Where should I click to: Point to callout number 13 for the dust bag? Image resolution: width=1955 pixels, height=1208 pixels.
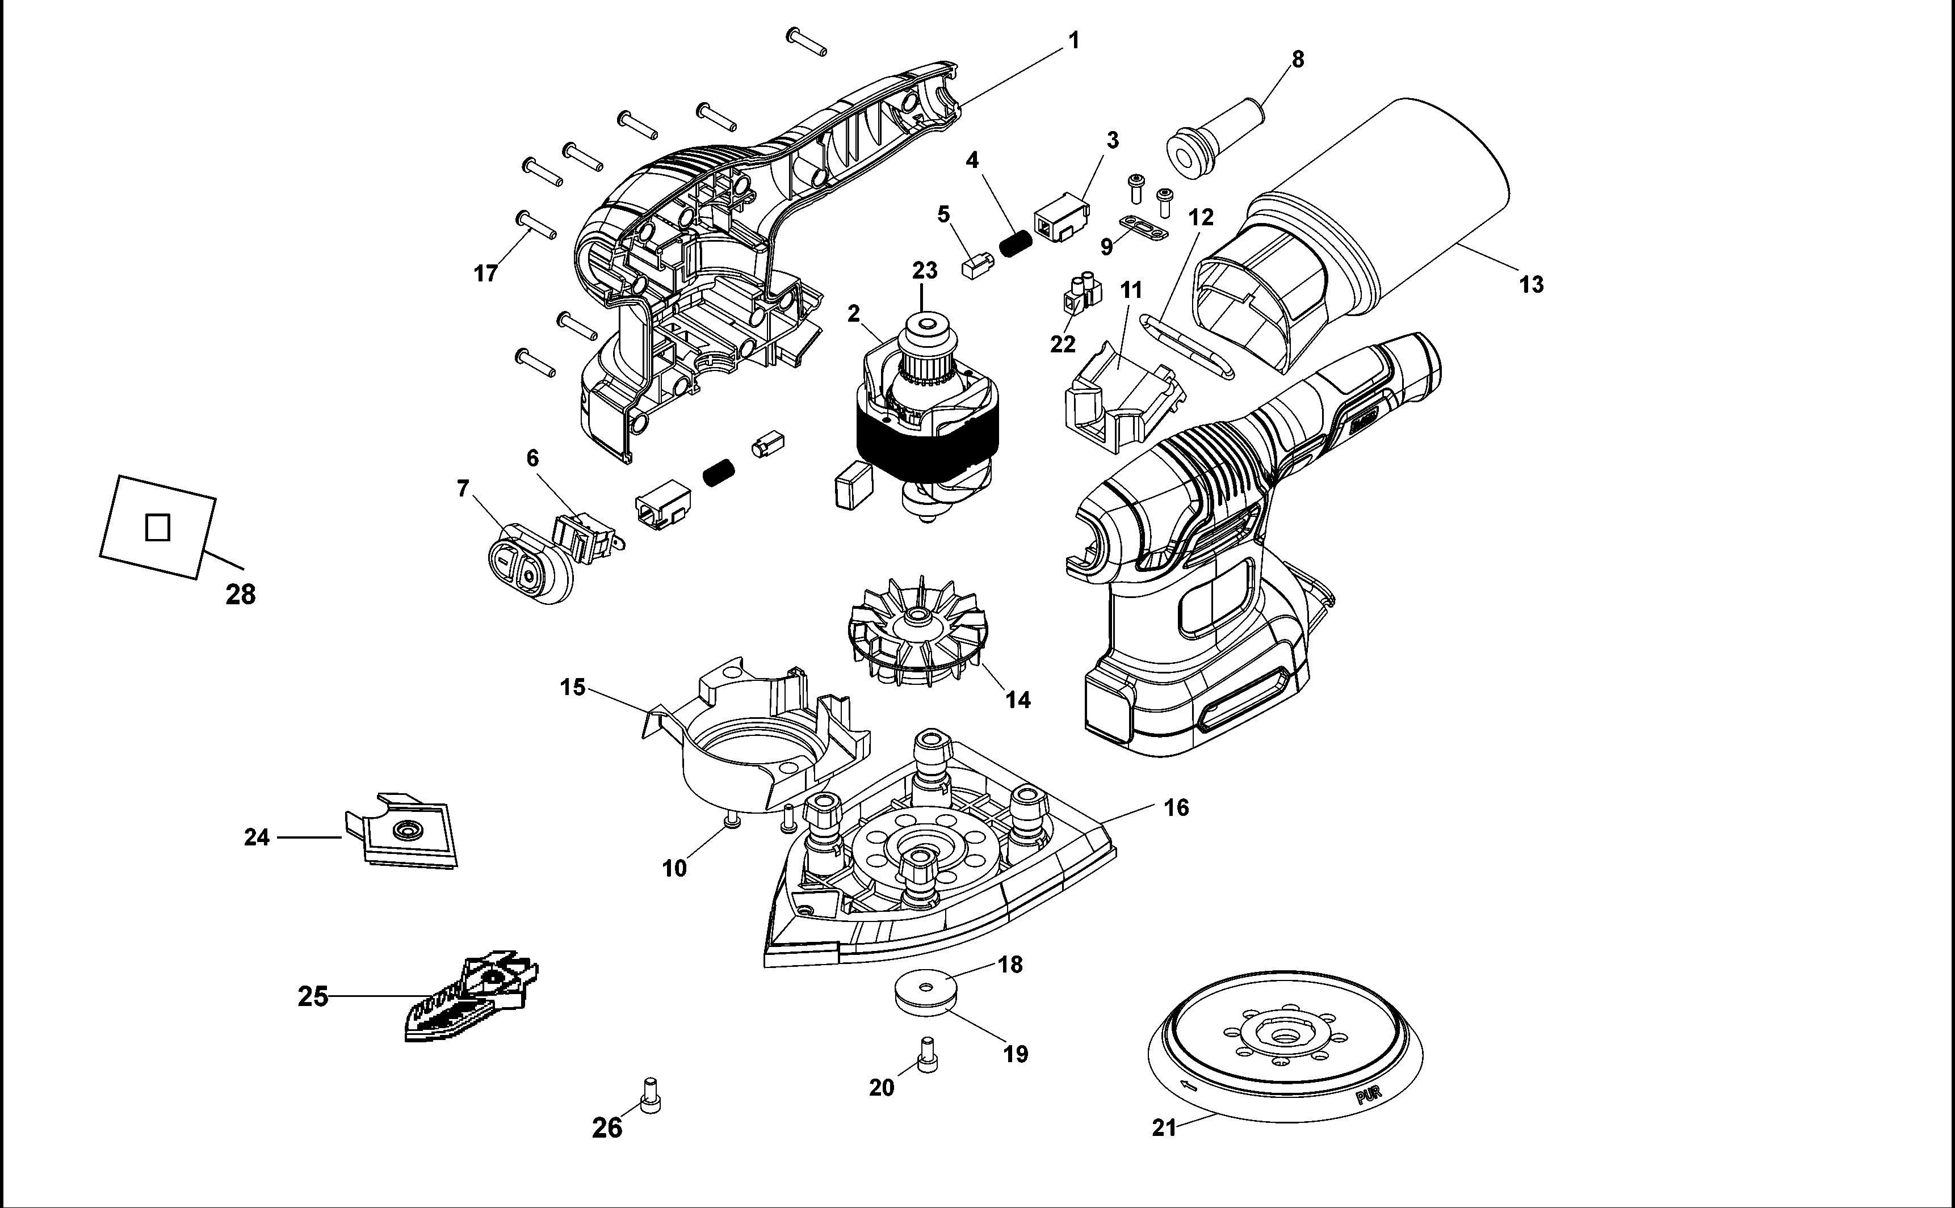pos(1530,284)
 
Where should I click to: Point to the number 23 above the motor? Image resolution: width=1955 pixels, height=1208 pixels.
pos(925,271)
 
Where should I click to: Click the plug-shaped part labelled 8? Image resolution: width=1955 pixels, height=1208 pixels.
pos(1215,135)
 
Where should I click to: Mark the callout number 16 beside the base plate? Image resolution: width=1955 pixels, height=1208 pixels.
pos(1176,808)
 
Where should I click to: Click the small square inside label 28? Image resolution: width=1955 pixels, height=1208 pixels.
pos(157,527)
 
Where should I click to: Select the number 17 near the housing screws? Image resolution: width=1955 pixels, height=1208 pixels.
pos(486,274)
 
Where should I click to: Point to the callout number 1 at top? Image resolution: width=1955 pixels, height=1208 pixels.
pos(1073,40)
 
